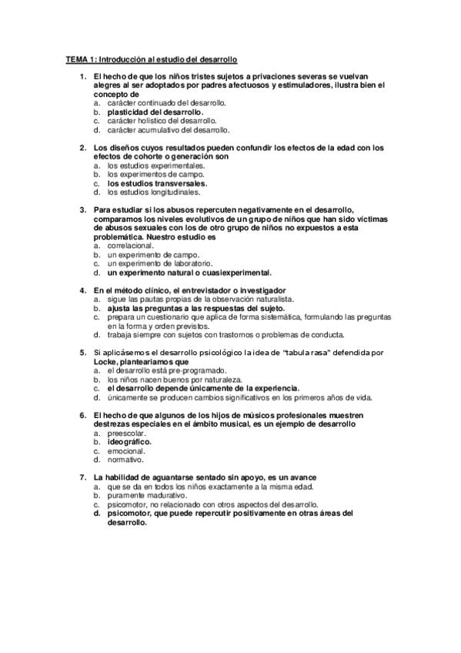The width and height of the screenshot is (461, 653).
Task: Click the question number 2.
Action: (83, 147)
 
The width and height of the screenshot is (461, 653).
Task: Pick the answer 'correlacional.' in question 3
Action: (131, 246)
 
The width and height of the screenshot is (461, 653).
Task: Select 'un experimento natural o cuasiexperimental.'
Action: (189, 273)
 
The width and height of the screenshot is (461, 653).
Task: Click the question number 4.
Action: (83, 290)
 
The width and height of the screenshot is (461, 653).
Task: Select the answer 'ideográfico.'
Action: (129, 442)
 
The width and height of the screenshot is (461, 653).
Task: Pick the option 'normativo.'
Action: (125, 460)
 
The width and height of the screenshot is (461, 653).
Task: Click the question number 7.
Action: (83, 477)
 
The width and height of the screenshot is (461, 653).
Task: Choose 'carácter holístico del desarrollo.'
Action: (162, 121)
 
